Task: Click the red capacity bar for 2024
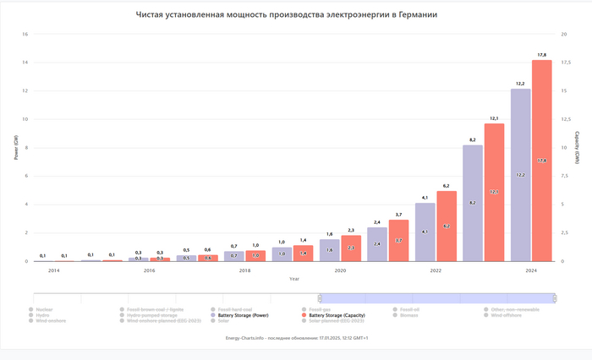(541, 161)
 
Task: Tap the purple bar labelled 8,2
(473, 203)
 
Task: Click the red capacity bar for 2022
(447, 226)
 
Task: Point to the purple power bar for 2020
(330, 250)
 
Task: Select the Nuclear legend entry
(43, 309)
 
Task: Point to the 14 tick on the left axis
(25, 63)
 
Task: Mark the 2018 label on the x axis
(244, 270)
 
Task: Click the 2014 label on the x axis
(53, 270)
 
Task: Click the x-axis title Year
(293, 278)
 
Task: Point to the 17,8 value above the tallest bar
(541, 55)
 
